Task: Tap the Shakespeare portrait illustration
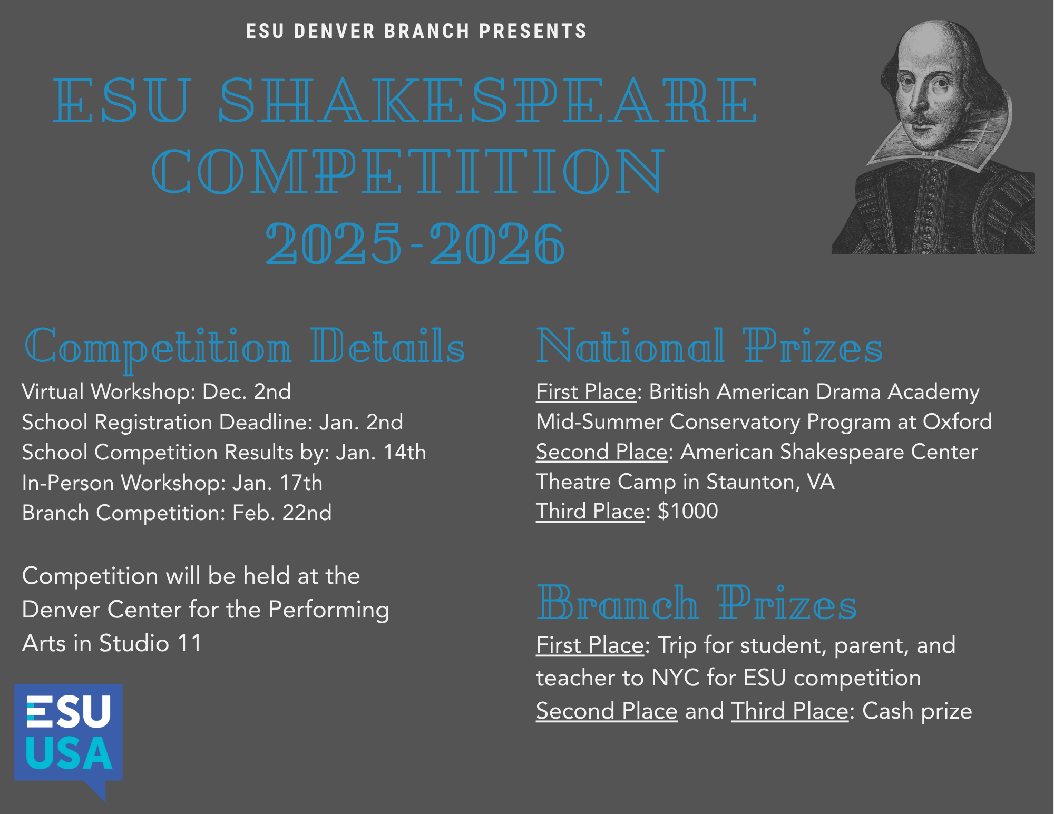933,137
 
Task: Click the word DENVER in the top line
335,31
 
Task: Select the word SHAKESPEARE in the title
488,100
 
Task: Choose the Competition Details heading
245,347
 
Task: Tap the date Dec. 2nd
247,391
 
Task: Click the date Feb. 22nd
282,513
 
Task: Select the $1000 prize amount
688,511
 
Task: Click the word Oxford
957,421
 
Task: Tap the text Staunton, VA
770,482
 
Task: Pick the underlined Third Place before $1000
590,512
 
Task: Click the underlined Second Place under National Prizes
602,452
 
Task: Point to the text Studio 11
150,643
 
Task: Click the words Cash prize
917,711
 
